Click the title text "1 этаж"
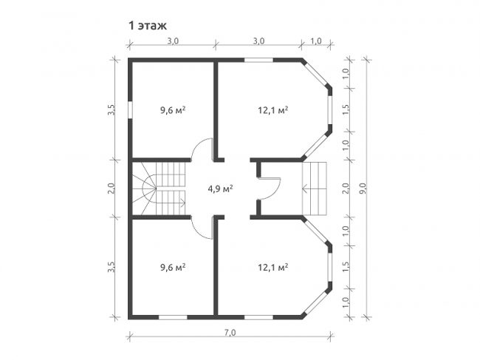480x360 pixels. click(148, 26)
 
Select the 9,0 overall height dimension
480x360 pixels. click(363, 189)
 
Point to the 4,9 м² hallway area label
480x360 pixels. click(220, 189)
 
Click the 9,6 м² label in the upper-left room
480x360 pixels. click(173, 110)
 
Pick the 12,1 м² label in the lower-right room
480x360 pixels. click(272, 268)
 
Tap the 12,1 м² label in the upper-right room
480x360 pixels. click(272, 110)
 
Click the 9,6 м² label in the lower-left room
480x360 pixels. click(173, 268)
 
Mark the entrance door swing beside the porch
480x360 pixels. click(270, 189)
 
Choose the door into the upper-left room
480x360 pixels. click(202, 149)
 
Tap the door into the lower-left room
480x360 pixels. click(202, 228)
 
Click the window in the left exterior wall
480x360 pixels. click(130, 109)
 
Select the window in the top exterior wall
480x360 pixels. click(258, 60)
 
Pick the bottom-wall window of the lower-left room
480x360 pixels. click(173, 317)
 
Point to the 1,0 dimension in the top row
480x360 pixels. click(316, 41)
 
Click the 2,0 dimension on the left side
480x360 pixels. click(111, 188)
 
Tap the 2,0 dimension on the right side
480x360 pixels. click(346, 188)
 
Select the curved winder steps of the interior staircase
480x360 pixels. click(144, 189)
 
